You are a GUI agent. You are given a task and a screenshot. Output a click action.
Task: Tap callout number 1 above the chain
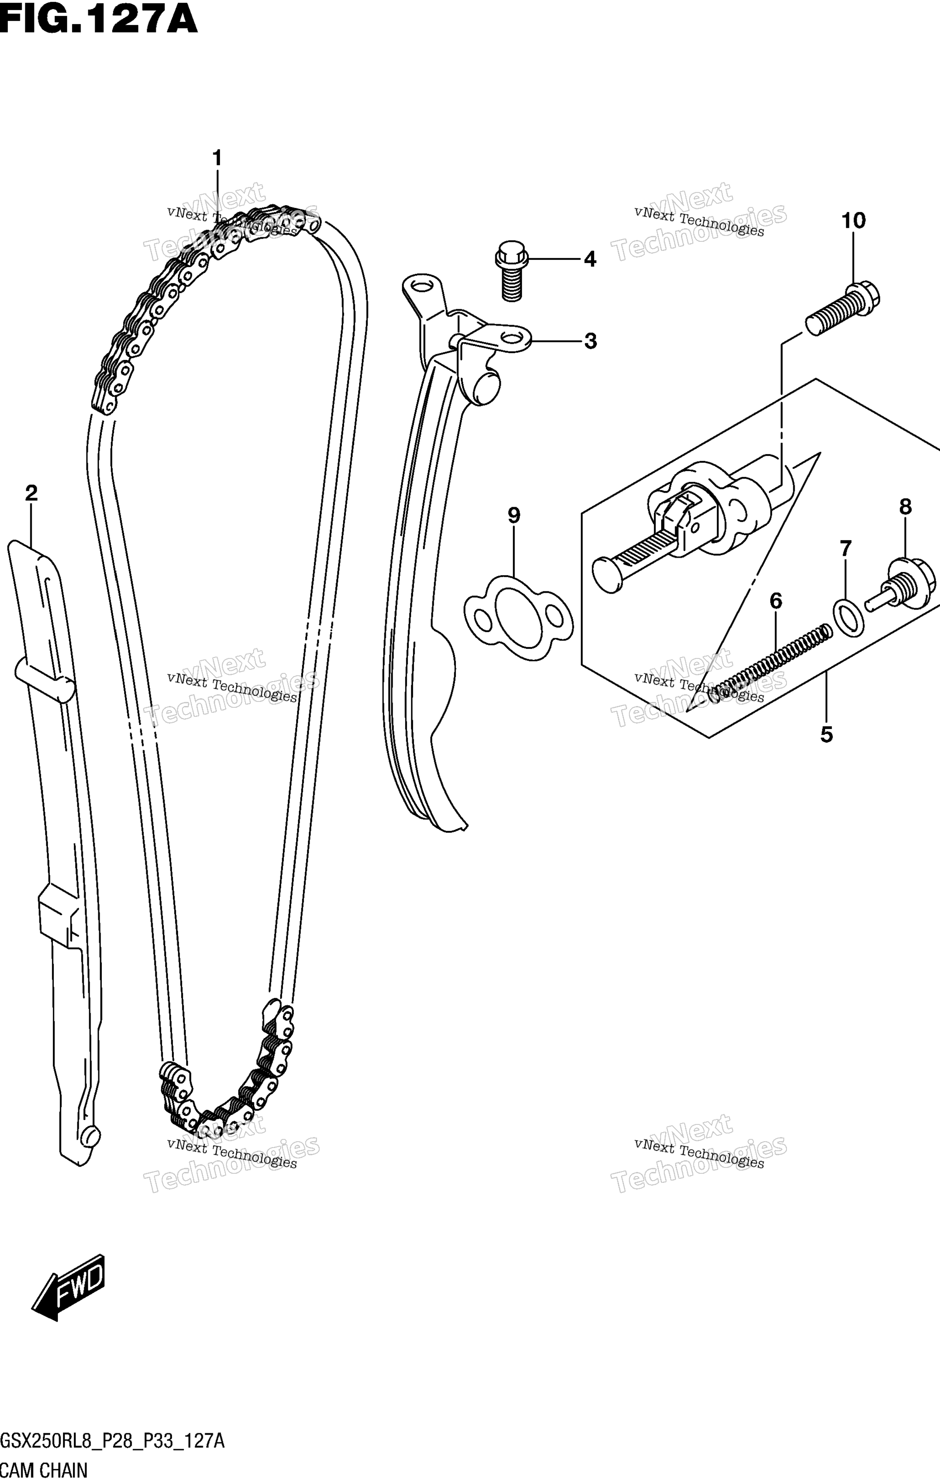tap(216, 158)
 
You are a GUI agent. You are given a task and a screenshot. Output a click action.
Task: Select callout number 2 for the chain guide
tap(31, 493)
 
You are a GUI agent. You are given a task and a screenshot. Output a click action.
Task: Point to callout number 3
tap(590, 341)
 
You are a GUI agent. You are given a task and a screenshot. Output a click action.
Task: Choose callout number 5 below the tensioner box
tap(827, 734)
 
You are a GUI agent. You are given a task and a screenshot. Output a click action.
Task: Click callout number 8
tap(905, 507)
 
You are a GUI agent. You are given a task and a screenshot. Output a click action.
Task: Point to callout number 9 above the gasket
tap(514, 515)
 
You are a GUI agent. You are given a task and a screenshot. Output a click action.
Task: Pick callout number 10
tap(854, 220)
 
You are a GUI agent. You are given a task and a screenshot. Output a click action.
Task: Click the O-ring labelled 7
tap(848, 618)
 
